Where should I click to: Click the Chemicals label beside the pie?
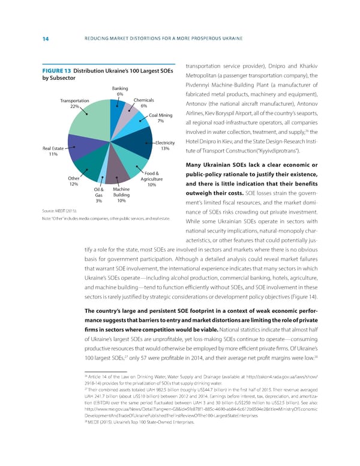pos(145,100)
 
